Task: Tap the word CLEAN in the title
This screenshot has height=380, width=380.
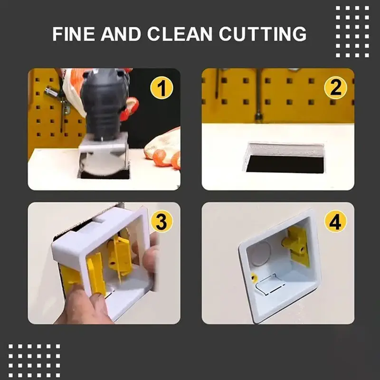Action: [x=180, y=34]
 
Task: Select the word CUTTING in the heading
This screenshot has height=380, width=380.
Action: [x=263, y=34]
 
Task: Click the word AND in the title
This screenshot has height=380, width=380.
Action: [x=121, y=34]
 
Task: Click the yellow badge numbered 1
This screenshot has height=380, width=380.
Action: [x=161, y=88]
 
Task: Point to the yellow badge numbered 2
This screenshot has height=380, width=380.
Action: [x=335, y=88]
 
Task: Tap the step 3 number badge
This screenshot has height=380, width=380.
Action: [x=161, y=221]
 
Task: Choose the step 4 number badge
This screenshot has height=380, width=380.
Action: [x=335, y=221]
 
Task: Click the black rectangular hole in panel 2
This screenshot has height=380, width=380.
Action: [x=285, y=164]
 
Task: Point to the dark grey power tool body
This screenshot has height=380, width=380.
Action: [x=104, y=104]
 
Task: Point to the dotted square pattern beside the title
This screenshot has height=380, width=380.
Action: [x=352, y=32]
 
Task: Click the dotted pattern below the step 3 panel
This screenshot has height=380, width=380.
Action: [x=34, y=361]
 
